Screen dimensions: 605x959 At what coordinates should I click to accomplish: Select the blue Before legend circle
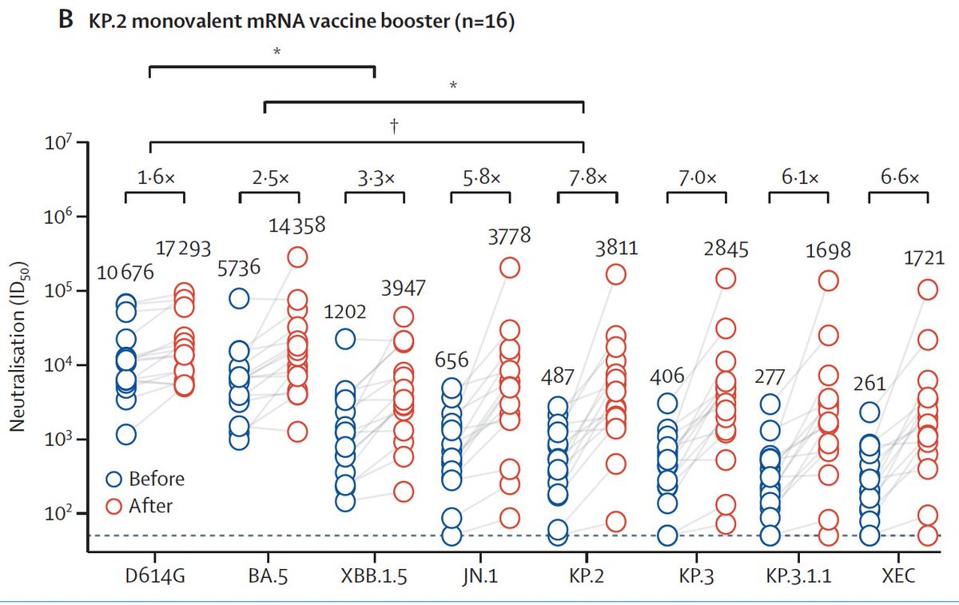click(x=114, y=479)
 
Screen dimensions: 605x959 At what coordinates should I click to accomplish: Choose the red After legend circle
click(x=114, y=505)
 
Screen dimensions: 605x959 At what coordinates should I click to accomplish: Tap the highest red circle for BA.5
click(x=297, y=257)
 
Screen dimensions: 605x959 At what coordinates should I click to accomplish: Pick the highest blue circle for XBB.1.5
click(x=345, y=339)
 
